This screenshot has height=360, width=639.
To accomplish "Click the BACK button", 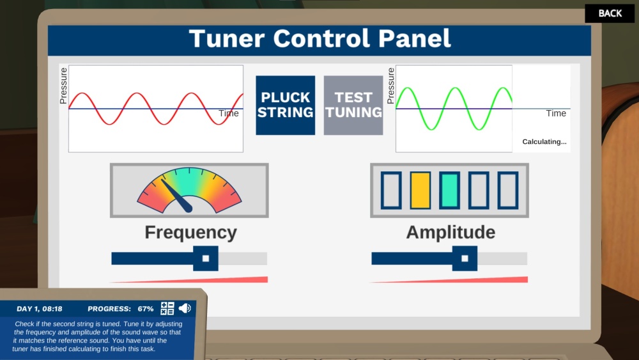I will (610, 13).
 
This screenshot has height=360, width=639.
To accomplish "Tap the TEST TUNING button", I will (353, 106).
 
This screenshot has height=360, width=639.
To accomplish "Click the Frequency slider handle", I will (206, 258).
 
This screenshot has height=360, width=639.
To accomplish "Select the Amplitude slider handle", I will (465, 258).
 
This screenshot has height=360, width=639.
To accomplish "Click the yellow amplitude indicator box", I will (420, 191).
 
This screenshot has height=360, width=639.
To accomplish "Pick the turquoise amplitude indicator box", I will (449, 191).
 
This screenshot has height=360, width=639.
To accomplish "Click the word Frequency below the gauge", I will (190, 232).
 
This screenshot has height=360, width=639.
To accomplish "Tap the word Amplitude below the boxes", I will (450, 232).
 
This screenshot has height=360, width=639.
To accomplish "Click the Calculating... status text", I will (544, 142).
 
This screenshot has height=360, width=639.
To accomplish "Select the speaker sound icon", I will (185, 308).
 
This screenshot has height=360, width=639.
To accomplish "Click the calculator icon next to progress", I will (167, 308).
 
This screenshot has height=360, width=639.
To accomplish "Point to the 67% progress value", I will (146, 309).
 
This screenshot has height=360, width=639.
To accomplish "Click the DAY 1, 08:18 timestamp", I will (40, 309).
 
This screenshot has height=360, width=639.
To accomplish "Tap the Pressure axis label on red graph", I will (63, 86).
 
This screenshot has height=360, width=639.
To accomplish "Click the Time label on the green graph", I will (556, 113).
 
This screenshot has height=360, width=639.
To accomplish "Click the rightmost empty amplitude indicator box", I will (508, 191).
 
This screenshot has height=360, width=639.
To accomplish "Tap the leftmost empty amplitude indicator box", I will (390, 191).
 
